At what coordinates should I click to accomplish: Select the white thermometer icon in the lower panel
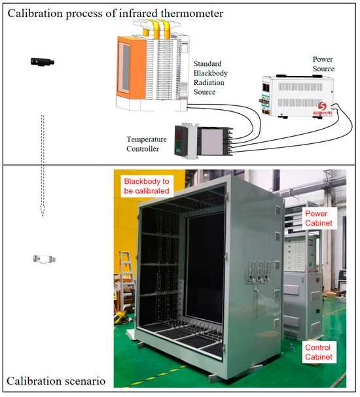43,259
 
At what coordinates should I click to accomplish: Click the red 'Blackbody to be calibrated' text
147,186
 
